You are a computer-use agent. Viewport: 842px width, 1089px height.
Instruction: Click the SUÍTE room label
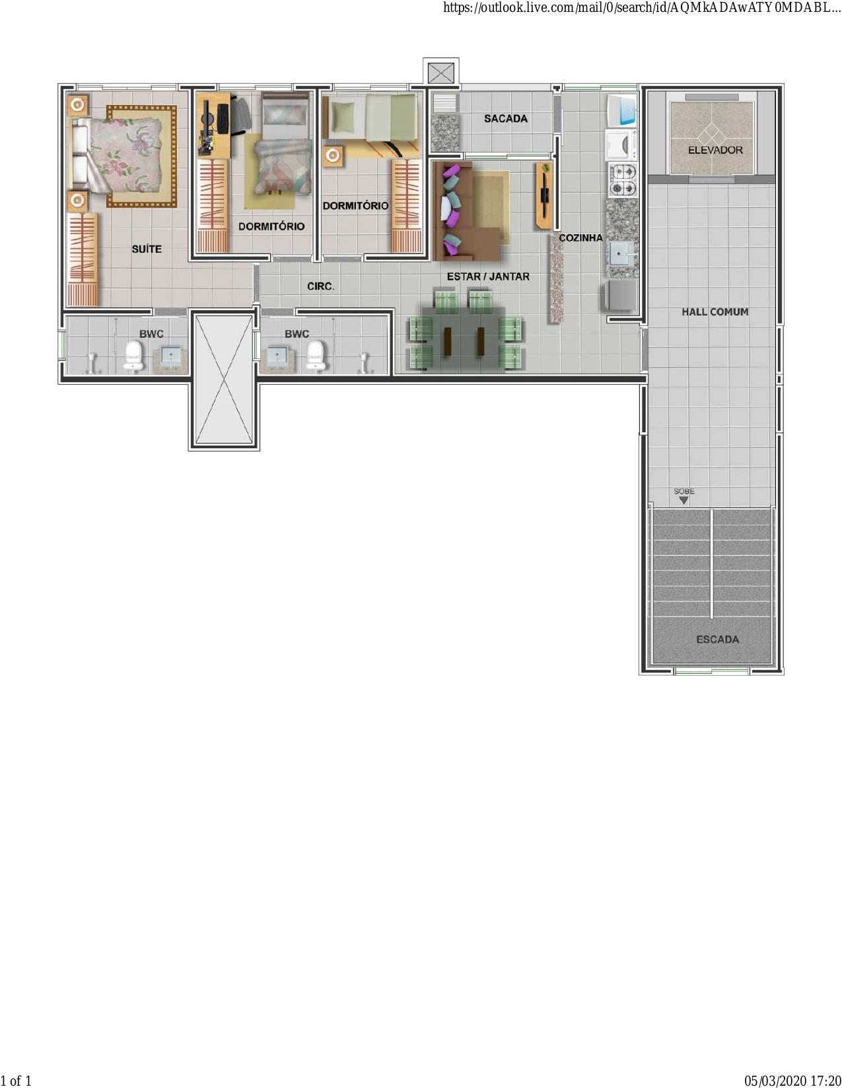tap(147, 249)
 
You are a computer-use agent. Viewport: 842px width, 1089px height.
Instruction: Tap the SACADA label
tap(505, 119)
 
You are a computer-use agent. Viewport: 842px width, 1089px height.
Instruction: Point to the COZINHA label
tap(580, 238)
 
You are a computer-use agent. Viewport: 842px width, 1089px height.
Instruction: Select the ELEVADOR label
tap(715, 150)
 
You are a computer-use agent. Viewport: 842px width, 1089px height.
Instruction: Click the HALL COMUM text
tap(715, 312)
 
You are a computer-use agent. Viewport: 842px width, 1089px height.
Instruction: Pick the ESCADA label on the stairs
tap(718, 640)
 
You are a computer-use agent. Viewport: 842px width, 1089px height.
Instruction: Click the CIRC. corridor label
tap(320, 286)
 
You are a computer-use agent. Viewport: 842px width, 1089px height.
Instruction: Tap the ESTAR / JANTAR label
tap(488, 276)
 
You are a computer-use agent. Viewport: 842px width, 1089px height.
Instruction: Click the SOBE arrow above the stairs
tap(684, 500)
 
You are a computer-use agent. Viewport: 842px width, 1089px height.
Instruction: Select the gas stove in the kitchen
tap(622, 180)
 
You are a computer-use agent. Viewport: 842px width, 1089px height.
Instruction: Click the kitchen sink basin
tap(619, 253)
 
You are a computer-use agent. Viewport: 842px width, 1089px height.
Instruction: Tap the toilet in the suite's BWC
tap(133, 356)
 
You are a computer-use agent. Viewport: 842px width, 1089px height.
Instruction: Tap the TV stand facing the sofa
tap(544, 195)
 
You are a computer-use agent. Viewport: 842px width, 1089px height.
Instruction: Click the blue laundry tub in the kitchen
tap(622, 110)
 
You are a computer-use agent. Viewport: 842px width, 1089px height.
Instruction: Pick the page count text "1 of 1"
tap(16, 1080)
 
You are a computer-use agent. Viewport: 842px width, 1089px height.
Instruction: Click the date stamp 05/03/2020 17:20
tap(792, 1080)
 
